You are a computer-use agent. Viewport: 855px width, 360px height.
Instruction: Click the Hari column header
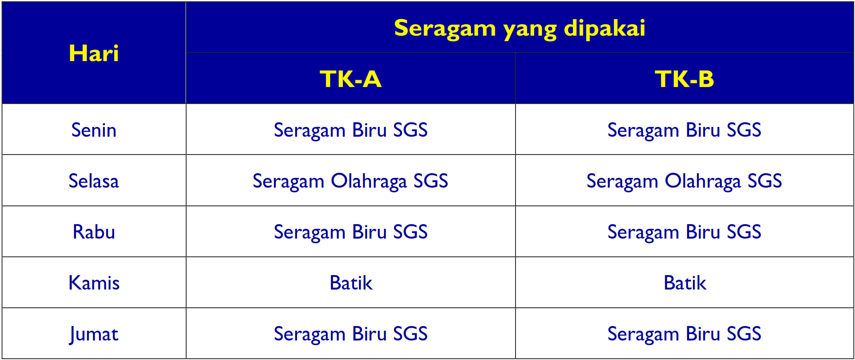94,53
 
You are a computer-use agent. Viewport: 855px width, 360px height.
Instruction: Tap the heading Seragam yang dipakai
519,28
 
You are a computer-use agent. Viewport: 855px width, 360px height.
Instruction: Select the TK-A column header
350,79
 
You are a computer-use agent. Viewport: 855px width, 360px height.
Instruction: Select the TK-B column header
684,79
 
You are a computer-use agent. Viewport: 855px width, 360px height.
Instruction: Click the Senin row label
94,130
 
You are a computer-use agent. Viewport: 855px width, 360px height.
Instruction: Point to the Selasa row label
94,181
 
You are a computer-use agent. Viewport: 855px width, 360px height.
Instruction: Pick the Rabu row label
94,232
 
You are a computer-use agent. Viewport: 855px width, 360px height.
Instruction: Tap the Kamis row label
94,283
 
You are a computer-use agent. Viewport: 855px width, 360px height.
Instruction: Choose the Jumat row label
94,334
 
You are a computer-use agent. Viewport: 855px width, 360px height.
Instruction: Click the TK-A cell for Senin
350,130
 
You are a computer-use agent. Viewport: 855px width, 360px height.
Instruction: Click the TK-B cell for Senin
684,130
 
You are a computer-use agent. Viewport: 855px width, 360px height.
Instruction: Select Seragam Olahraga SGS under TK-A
350,181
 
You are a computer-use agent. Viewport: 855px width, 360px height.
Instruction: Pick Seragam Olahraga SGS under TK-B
684,181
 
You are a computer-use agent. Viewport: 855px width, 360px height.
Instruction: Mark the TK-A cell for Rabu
350,232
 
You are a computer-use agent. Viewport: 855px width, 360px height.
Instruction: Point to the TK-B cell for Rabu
684,232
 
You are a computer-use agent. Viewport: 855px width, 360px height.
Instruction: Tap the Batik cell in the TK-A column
351,283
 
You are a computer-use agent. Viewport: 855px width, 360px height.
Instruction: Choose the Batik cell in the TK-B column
685,283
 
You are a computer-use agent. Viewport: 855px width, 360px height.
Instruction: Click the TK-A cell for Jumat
350,334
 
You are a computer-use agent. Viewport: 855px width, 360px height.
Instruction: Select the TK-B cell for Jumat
684,334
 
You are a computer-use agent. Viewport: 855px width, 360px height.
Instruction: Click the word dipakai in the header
604,28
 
